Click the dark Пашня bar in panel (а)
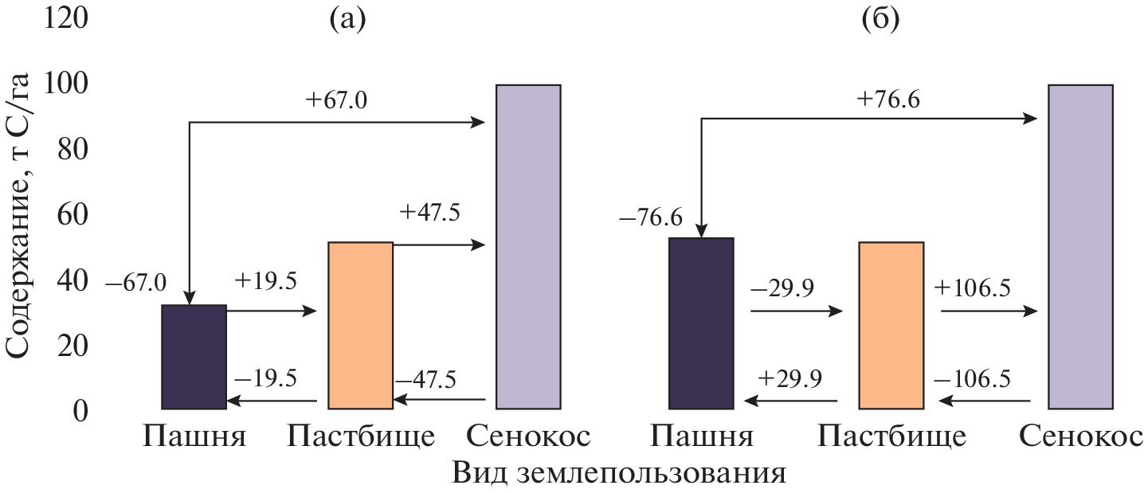pos(194,356)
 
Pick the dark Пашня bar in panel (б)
pos(700,323)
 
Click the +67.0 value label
pos(336,102)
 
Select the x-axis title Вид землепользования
pos(619,474)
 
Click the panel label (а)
pos(347,19)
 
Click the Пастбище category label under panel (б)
pos(891,436)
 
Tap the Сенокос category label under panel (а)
pos(528,436)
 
